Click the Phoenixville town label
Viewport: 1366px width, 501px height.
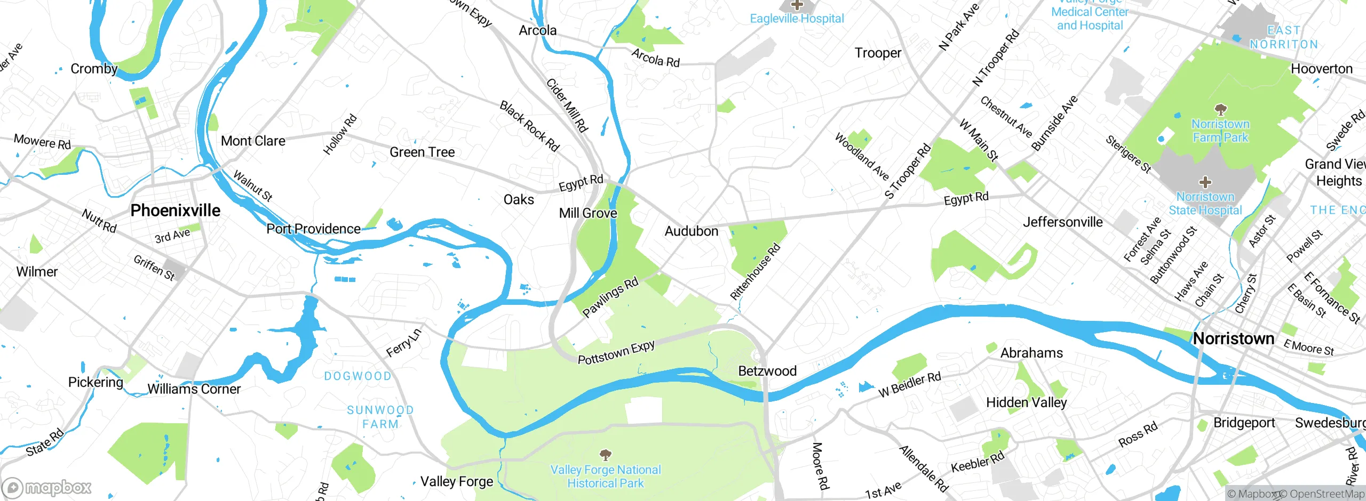175,211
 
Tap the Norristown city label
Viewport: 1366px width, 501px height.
1233,338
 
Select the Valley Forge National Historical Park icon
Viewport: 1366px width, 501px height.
605,455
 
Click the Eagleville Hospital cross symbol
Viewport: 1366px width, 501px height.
797,5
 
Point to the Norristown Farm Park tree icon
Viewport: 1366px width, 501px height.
1220,110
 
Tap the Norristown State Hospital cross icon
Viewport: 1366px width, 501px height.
1205,183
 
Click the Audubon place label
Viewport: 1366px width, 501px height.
691,231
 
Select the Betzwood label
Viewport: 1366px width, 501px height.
767,371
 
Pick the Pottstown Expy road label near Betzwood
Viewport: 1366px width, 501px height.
616,353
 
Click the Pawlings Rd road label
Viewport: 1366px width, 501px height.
610,297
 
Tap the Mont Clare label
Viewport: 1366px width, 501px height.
253,141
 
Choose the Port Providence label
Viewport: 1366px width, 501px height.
313,229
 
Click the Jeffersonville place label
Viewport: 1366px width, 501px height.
1062,222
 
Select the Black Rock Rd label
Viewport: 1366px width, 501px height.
529,126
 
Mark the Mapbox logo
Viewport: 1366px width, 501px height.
47,487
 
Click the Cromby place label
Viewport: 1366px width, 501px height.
94,69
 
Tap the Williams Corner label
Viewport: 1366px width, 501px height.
194,389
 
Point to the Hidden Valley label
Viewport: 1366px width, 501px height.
1026,402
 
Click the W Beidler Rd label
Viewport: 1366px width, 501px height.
910,385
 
